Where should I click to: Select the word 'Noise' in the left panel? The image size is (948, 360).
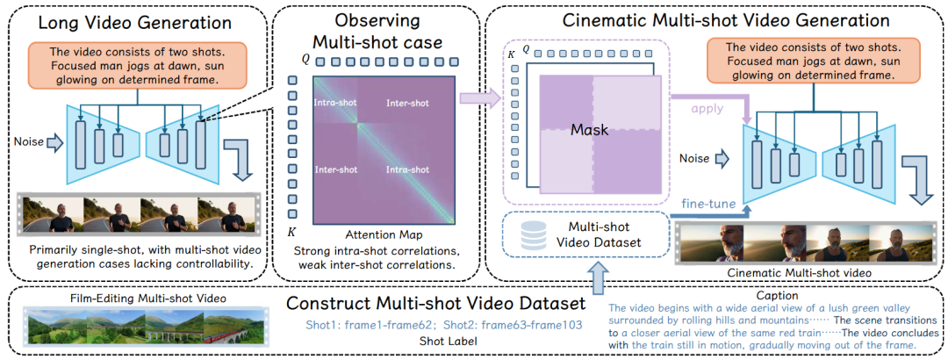click(x=28, y=139)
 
